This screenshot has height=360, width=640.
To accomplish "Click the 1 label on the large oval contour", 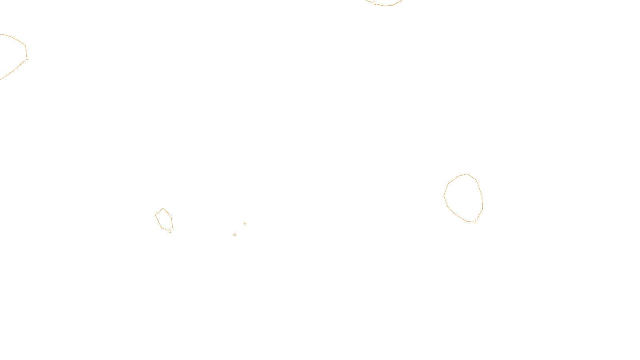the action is pos(476,222).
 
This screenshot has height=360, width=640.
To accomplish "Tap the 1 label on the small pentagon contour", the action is pos(170,231).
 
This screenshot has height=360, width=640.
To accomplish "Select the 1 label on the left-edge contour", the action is pos(27,58).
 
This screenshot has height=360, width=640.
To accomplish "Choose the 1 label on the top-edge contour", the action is pos(375,3).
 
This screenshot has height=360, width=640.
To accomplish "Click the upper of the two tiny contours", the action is pos(245,224).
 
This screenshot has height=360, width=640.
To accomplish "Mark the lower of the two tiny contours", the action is pos(234,234).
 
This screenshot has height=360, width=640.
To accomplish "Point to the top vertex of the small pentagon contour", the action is pos(163,208).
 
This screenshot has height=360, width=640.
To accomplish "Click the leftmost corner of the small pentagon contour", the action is pos(156,215).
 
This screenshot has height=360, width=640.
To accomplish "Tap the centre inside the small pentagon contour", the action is pos(164,220).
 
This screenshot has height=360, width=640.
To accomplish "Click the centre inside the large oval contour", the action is pos(464,198).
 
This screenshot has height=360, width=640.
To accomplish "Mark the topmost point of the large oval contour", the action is pos(467,174).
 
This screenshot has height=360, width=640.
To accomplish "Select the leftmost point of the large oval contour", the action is pos(444,196).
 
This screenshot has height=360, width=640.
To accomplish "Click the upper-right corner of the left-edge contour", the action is pos(25,45).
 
